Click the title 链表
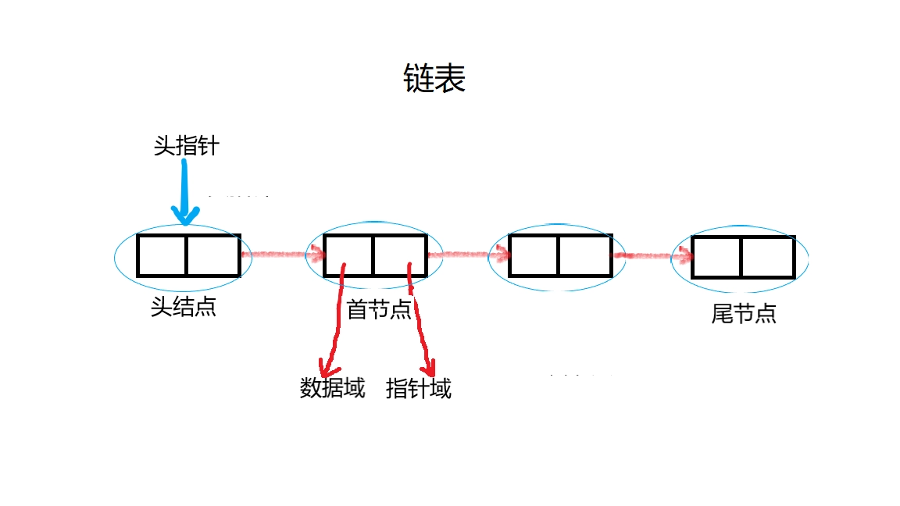(x=434, y=79)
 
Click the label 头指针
(x=187, y=145)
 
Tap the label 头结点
(x=184, y=307)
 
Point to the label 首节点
(x=379, y=310)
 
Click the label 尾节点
(x=744, y=314)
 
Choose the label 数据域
(x=333, y=388)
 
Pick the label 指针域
(x=419, y=388)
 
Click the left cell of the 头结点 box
(x=162, y=255)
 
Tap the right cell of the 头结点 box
(x=212, y=255)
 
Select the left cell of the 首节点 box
(x=348, y=255)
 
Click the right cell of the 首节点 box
(x=399, y=255)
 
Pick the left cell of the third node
(x=533, y=255)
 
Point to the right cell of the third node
(x=584, y=255)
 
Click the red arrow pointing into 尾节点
(x=653, y=255)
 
